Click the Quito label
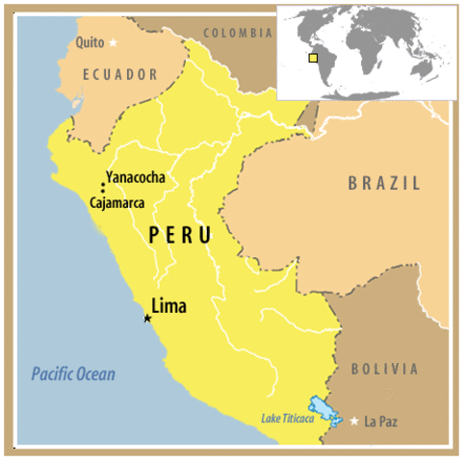click(91, 41)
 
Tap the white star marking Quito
click(114, 42)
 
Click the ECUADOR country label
click(119, 74)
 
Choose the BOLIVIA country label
click(386, 369)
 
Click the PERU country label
click(180, 236)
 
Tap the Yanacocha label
click(136, 178)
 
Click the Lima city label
click(169, 307)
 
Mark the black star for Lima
click(147, 319)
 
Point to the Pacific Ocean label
click(72, 374)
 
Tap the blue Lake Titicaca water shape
click(324, 413)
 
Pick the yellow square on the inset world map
click(313, 58)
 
